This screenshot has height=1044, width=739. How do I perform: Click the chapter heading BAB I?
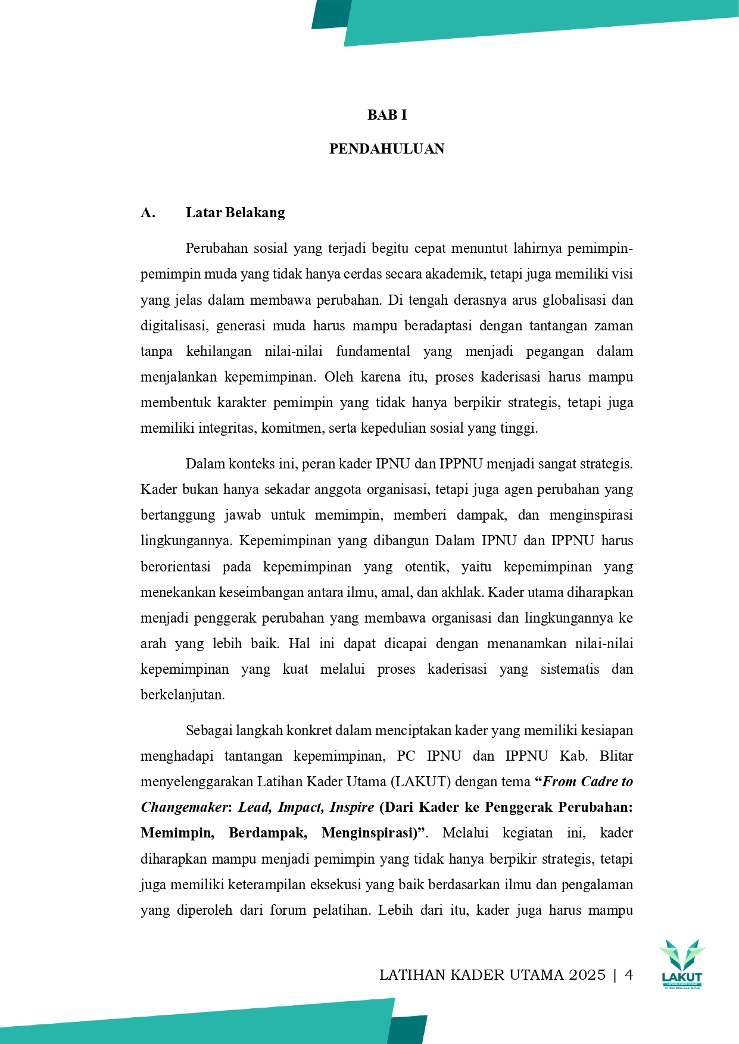(387, 115)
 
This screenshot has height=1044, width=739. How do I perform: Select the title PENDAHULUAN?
(387, 149)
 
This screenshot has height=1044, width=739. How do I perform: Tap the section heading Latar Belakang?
(235, 212)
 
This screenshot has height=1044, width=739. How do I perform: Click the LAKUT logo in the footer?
(682, 964)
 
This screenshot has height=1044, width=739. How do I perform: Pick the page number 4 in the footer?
(629, 975)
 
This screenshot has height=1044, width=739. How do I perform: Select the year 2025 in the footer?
(587, 975)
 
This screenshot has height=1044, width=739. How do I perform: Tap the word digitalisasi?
(173, 326)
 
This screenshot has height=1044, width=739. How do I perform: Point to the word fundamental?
(373, 351)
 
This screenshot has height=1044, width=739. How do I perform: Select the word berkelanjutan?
(182, 695)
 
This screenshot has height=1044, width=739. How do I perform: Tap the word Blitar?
(616, 756)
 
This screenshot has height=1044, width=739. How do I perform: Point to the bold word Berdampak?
(267, 833)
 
